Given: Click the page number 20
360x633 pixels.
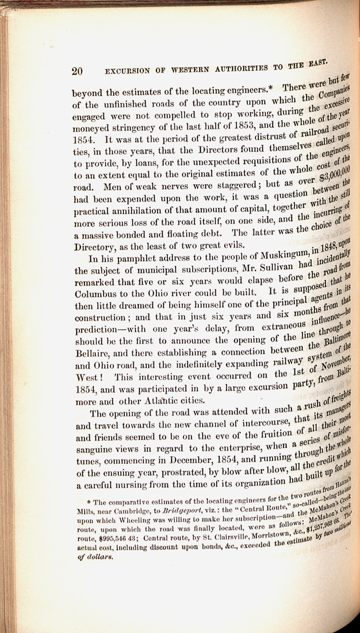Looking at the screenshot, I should pyautogui.click(x=78, y=71).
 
